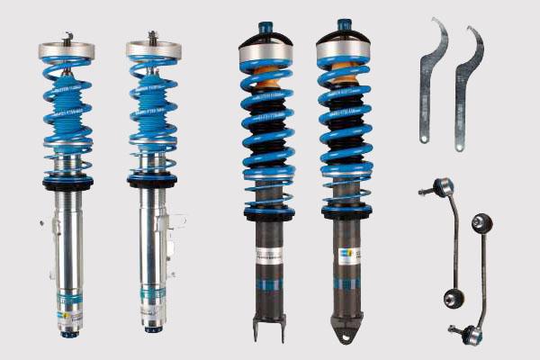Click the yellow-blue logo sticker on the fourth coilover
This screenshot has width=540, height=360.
tap(345, 255)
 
